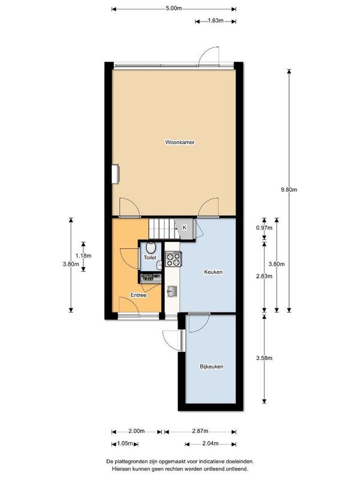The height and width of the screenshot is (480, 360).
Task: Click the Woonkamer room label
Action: click(180, 142)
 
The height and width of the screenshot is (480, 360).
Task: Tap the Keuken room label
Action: click(214, 272)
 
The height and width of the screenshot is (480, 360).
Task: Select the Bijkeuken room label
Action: click(212, 366)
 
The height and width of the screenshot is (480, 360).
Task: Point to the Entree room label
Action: click(139, 295)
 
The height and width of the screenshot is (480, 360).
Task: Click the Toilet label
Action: click(149, 257)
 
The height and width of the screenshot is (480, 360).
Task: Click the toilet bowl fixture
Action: click(150, 247)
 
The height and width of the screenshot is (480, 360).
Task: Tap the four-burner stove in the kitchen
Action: click(173, 259)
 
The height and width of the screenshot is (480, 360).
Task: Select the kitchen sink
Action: click(172, 292)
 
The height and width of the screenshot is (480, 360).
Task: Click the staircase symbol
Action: click(160, 228)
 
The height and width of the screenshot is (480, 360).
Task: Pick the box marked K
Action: click(184, 227)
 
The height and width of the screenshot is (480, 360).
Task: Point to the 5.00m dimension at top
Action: click(173, 8)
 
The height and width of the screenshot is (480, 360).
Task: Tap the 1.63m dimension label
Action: click(215, 21)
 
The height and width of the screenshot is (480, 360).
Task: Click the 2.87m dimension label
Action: click(200, 431)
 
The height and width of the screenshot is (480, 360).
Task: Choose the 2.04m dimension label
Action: click(210, 443)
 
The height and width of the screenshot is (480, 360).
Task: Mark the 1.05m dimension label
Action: click(125, 443)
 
